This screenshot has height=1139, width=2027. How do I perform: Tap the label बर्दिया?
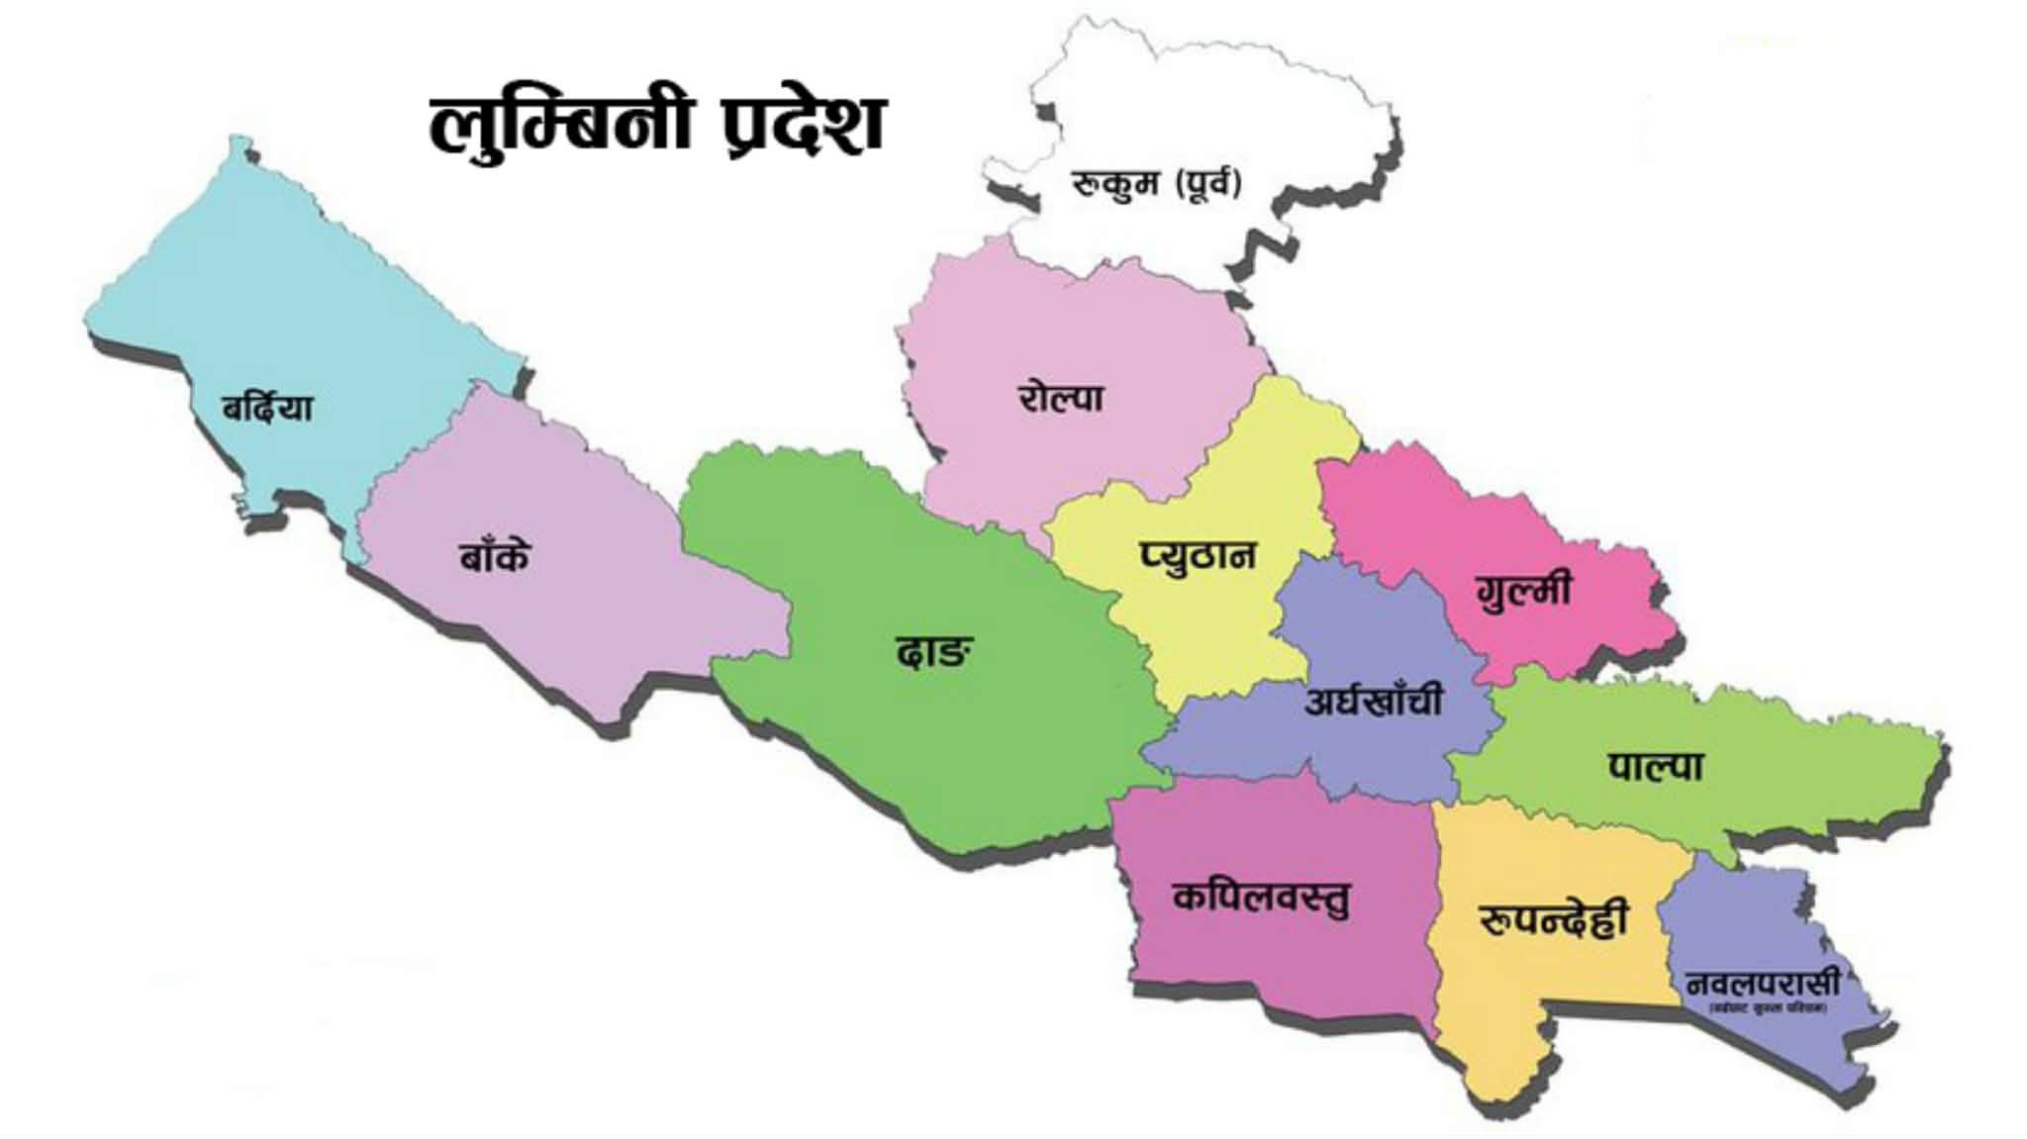click(267, 407)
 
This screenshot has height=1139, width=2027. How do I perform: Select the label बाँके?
click(494, 556)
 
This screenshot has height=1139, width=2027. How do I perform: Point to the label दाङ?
click(932, 652)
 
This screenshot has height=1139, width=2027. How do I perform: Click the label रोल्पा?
click(1060, 398)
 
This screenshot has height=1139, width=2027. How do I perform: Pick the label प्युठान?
click(1197, 555)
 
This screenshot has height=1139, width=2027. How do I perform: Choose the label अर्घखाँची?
click(1373, 701)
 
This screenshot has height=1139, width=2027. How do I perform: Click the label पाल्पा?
click(1655, 765)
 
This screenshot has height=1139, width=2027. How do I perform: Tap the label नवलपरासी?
click(1762, 984)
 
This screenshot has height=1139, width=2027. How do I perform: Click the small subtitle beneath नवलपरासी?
click(1768, 1007)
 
